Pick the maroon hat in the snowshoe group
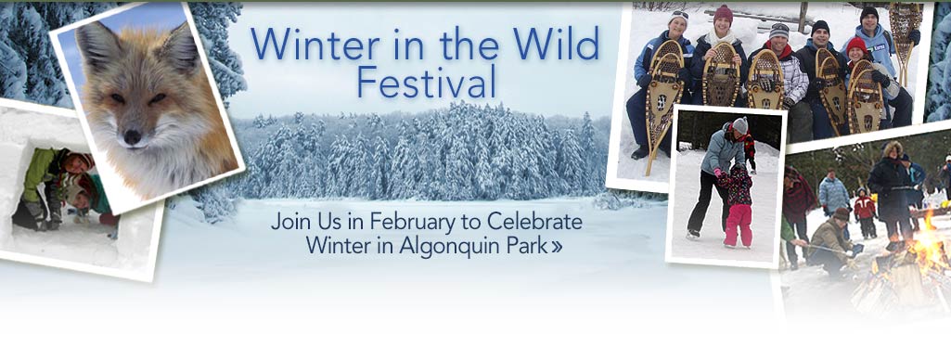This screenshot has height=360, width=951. pyautogui.click(x=723, y=15)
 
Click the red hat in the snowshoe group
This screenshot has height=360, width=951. pyautogui.click(x=855, y=45)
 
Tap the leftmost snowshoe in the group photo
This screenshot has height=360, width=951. pyautogui.click(x=666, y=102)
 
